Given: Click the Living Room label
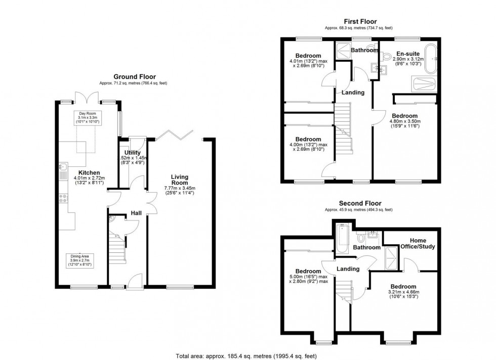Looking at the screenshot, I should point(179,179).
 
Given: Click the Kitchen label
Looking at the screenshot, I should point(81,172).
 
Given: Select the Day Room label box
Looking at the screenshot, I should point(89,117).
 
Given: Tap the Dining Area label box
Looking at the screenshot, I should point(81,260).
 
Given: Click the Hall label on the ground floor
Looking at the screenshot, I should point(136,213).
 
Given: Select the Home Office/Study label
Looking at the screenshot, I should point(418,244).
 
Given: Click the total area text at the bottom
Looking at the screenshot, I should point(248,355).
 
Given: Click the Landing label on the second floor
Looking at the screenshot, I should point(348,269).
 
